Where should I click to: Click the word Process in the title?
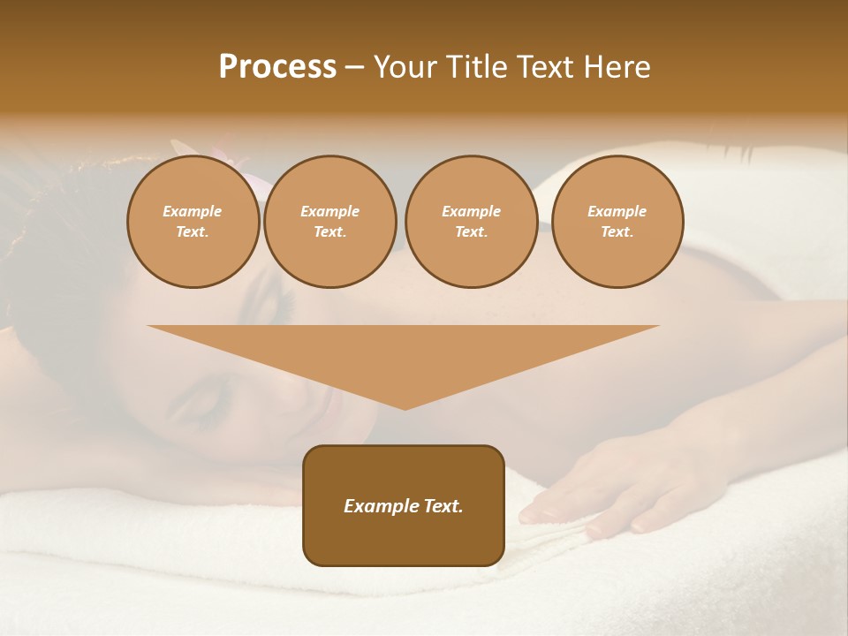click(277, 67)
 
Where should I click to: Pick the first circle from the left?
click(193, 222)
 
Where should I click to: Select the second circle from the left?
click(329, 222)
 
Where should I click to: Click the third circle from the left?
click(471, 222)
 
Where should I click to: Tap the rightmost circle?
click(617, 222)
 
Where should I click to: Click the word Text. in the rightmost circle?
click(617, 232)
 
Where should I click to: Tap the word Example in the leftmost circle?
click(193, 211)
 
